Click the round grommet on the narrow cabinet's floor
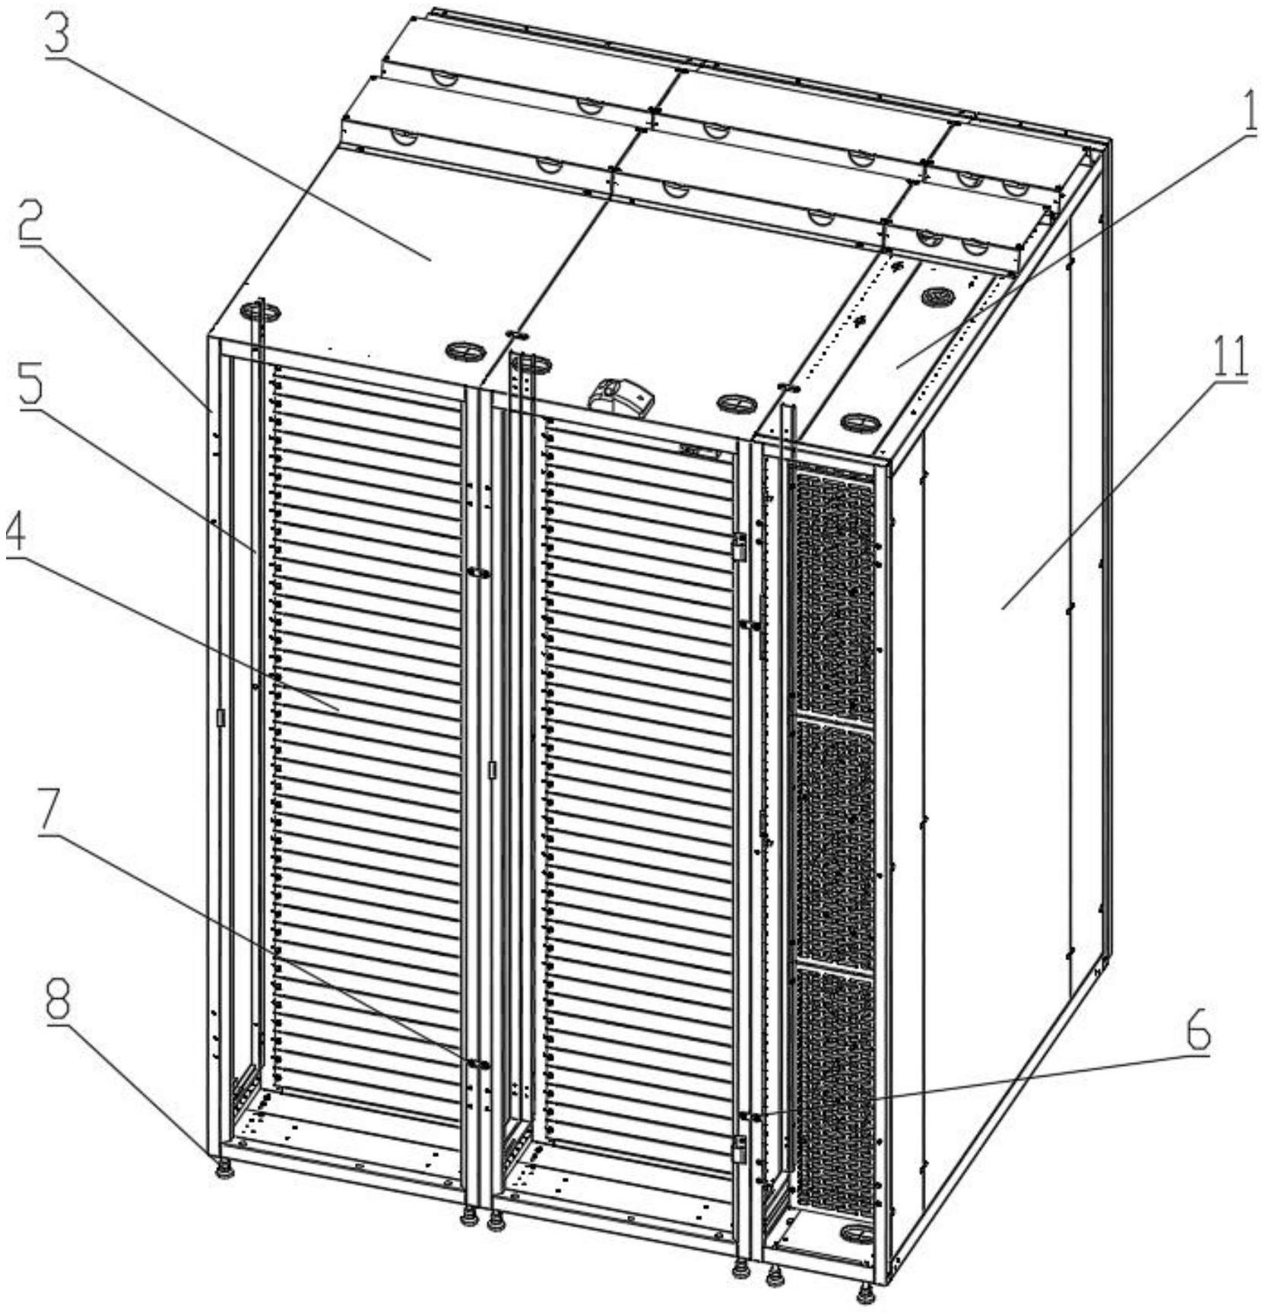[854, 1229]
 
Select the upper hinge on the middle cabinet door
[739, 547]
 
